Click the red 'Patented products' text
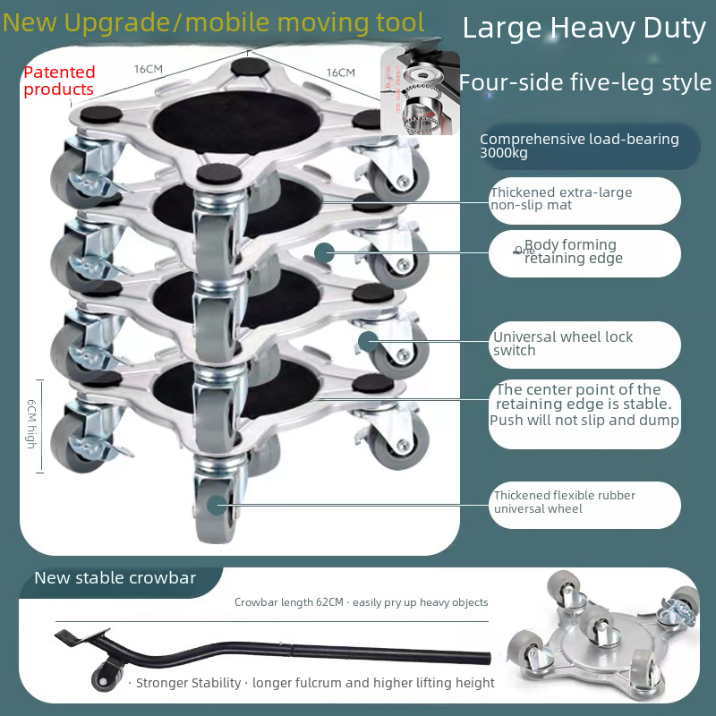click(59, 81)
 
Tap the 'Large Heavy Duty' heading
click(584, 29)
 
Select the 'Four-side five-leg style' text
click(585, 83)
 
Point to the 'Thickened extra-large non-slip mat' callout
click(561, 199)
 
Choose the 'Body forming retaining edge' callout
click(573, 251)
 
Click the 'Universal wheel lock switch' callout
click(563, 344)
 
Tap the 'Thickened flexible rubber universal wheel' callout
click(564, 502)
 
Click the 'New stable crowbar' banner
click(115, 577)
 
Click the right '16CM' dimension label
click(340, 72)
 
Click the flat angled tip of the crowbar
click(70, 638)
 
